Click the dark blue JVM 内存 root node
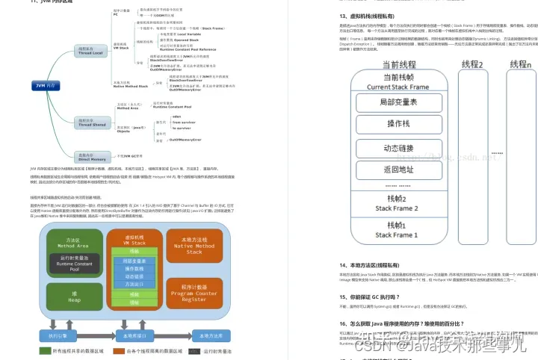pos(44,86)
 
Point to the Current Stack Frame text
pos(398,87)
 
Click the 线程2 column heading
pos(471,65)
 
